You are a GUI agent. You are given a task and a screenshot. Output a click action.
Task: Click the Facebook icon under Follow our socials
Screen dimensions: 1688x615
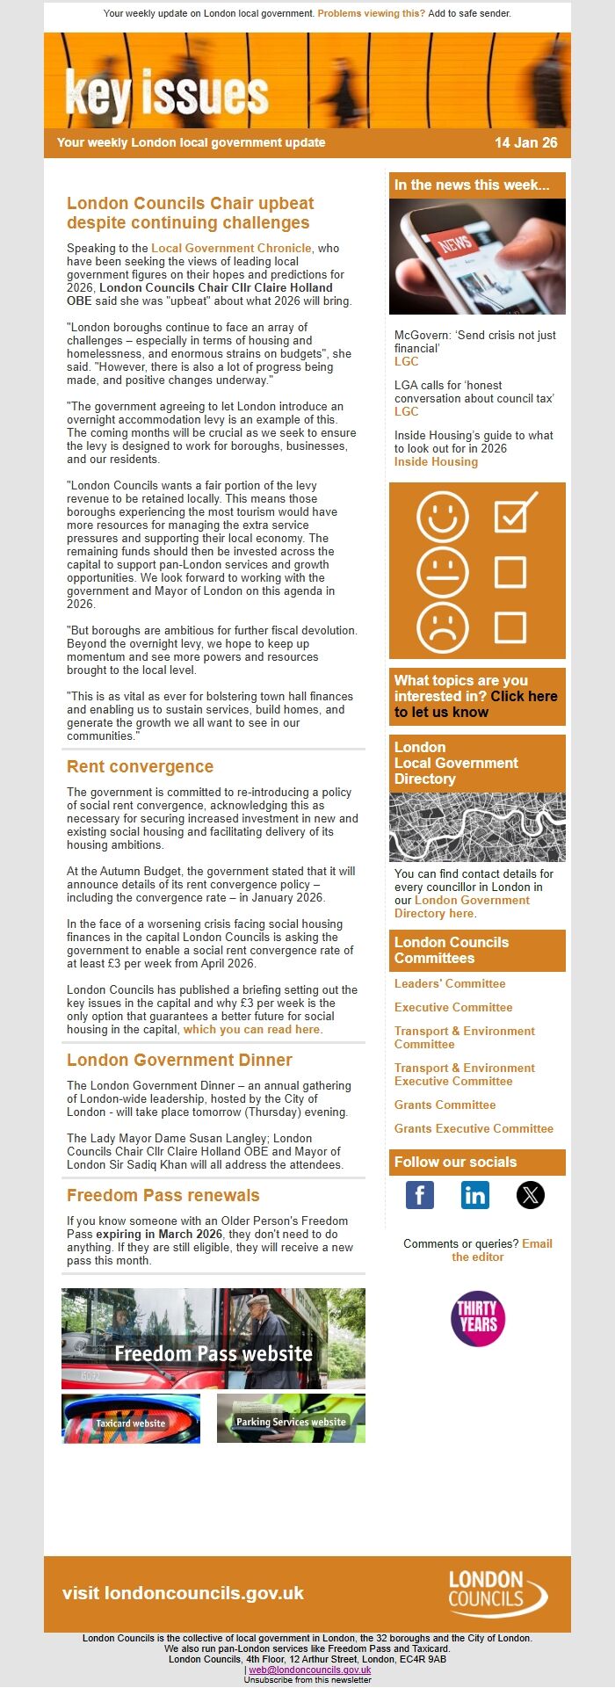(x=420, y=1195)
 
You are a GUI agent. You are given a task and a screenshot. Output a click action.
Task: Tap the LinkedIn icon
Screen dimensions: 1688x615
(x=474, y=1195)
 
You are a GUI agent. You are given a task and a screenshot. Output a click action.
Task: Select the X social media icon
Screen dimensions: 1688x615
(x=530, y=1195)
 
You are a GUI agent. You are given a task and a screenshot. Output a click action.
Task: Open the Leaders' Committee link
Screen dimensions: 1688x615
(x=450, y=983)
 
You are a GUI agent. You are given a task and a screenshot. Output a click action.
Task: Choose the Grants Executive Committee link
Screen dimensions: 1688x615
(x=474, y=1128)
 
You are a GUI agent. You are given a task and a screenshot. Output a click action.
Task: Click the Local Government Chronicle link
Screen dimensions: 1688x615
(x=231, y=248)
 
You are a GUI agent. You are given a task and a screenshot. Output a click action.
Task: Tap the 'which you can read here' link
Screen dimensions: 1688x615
(x=251, y=1029)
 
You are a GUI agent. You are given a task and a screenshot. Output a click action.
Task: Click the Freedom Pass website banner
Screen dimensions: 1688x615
(x=213, y=1338)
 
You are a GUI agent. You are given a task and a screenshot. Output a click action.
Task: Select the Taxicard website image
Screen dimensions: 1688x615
(x=131, y=1418)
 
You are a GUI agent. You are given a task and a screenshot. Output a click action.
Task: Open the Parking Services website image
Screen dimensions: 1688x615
(x=291, y=1418)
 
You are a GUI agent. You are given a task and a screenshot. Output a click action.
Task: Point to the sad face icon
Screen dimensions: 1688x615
(x=443, y=627)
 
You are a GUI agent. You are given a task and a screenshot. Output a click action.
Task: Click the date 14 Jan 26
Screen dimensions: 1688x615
(x=525, y=142)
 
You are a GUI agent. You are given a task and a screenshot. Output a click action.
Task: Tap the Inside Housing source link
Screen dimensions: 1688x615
(x=436, y=461)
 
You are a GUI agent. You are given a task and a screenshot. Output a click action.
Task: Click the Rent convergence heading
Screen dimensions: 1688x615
(x=140, y=766)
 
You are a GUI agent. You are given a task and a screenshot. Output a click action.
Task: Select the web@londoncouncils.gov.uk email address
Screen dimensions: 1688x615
(x=309, y=1670)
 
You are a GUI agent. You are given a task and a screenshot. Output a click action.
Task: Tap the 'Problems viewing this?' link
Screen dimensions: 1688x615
(x=371, y=13)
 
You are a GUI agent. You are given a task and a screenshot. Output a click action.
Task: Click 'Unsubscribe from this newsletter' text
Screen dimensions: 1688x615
(x=307, y=1679)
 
